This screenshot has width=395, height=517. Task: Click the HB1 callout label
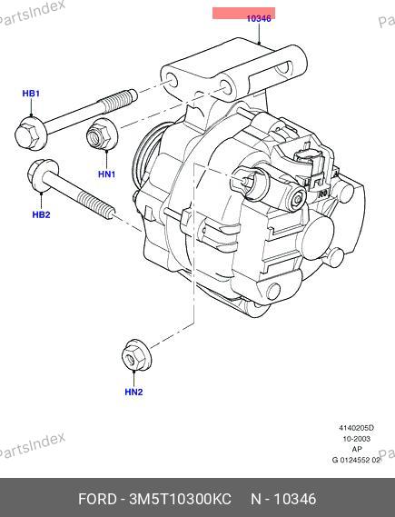(x=31, y=94)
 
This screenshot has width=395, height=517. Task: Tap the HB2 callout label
(x=41, y=214)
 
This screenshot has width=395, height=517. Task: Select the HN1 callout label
(x=107, y=174)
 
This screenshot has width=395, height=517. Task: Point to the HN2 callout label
(x=133, y=392)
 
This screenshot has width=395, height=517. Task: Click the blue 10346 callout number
(x=259, y=18)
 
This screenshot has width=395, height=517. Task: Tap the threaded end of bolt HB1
(x=118, y=99)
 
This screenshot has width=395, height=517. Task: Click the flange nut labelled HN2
(x=136, y=354)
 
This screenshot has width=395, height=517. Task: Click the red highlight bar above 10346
(x=243, y=13)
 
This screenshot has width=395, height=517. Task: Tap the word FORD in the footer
(x=97, y=499)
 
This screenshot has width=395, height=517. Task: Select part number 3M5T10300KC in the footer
(x=180, y=499)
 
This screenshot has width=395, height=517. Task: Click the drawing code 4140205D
(x=357, y=428)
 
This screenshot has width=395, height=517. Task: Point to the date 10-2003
(x=357, y=439)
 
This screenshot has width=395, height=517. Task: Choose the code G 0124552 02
(x=356, y=460)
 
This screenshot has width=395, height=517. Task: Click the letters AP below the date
(x=357, y=449)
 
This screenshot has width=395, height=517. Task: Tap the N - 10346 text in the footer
(x=283, y=499)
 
